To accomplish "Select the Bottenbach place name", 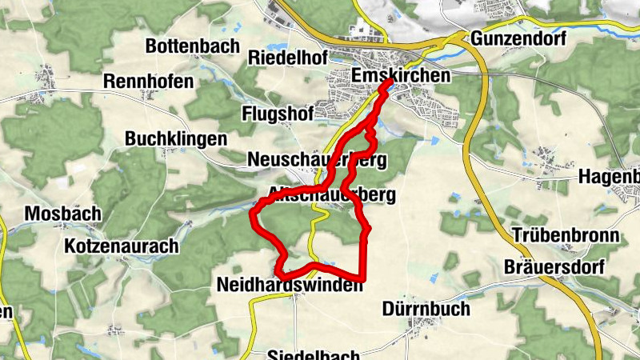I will click(x=192, y=46).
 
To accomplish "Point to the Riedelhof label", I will click(x=288, y=58).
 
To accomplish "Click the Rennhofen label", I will click(x=149, y=82).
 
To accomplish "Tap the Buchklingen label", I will click(x=176, y=139).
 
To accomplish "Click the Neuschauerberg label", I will click(x=318, y=160).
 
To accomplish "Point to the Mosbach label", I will click(x=63, y=214).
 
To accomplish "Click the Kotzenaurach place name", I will click(x=122, y=246).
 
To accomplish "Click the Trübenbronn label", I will click(x=566, y=236).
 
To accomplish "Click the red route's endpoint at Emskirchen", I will click(x=389, y=82).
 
